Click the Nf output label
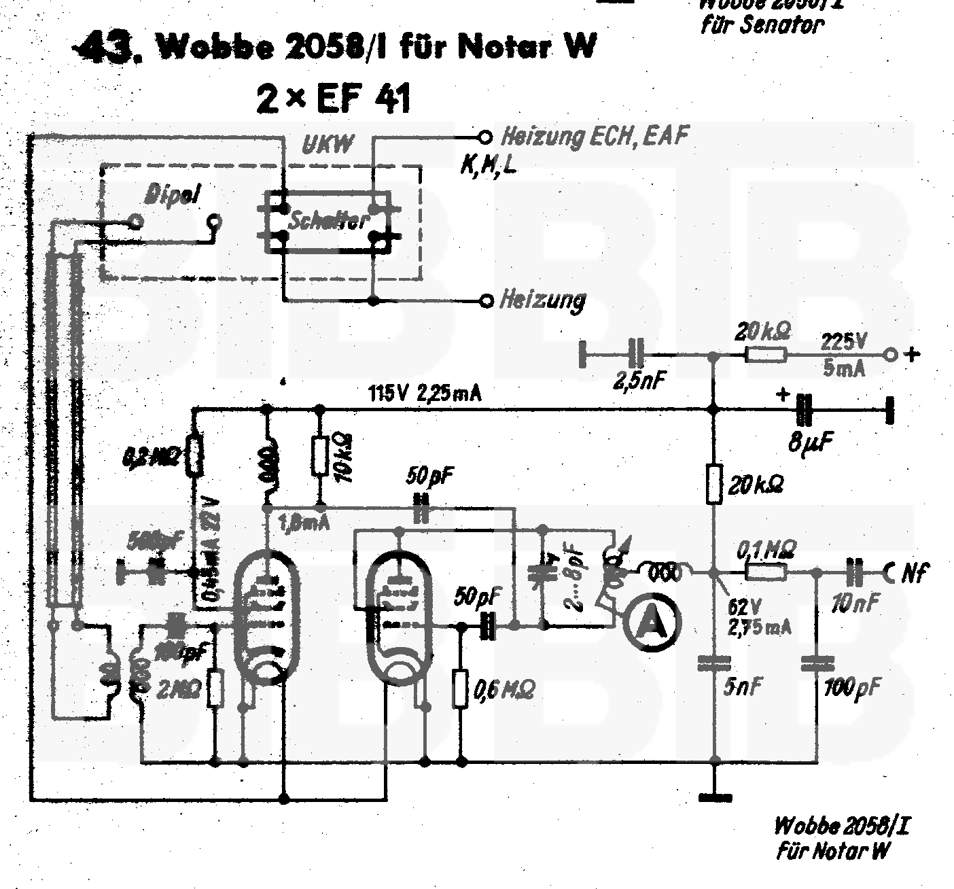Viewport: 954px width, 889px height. pos(914,574)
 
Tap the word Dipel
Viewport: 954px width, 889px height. pos(173,195)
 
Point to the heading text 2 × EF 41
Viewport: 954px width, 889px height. pos(334,101)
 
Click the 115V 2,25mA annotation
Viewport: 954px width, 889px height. pos(424,394)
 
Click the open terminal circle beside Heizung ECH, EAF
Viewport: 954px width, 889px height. pos(484,138)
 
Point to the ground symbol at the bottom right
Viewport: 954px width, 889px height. pos(713,795)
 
